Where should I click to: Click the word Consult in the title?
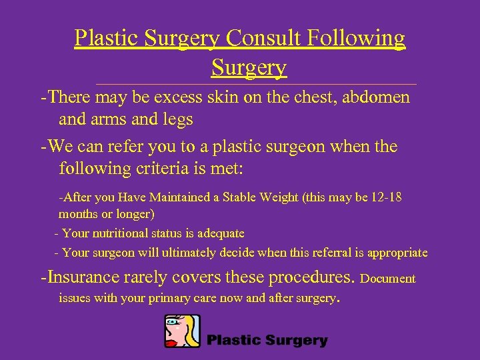pyautogui.click(x=263, y=38)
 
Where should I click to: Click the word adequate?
pyautogui.click(x=220, y=233)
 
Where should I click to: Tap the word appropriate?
pyautogui.click(x=394, y=253)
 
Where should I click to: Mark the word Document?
pyautogui.click(x=387, y=279)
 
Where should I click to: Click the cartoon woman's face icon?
pyautogui.click(x=182, y=331)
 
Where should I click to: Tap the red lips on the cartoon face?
pyautogui.click(x=172, y=342)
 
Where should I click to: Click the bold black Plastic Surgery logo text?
pyautogui.click(x=267, y=341)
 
